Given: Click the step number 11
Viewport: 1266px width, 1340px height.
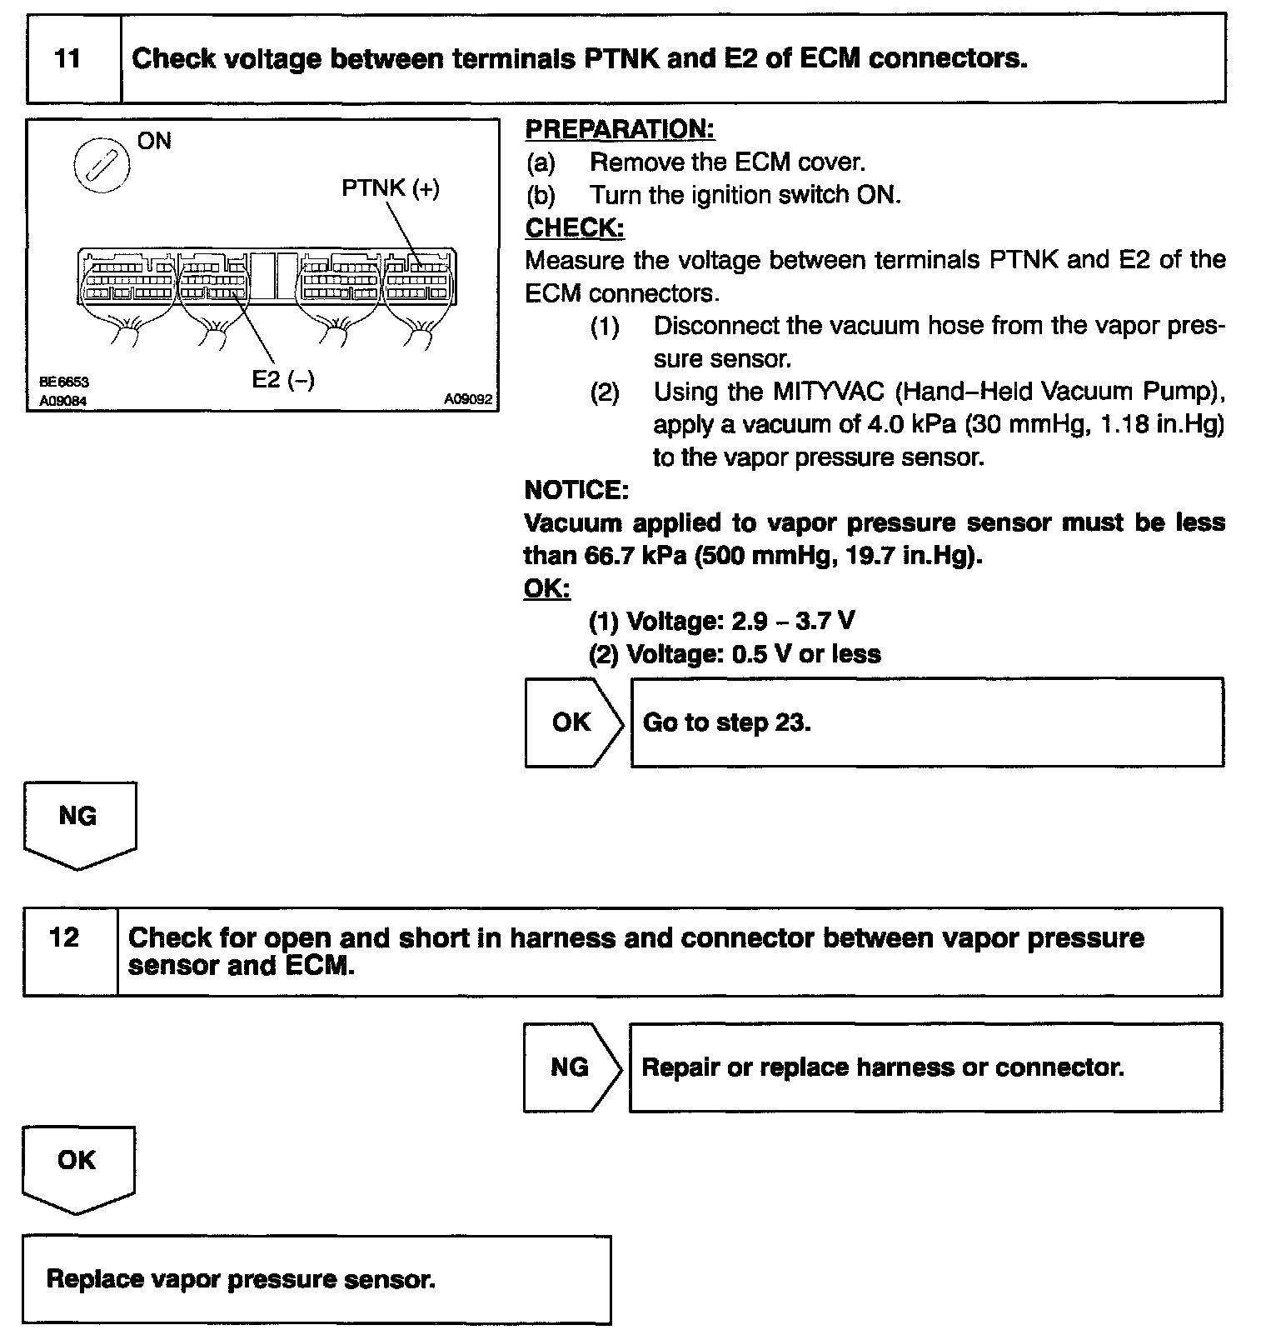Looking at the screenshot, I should coord(67,59).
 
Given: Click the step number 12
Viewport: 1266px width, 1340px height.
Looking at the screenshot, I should coord(65,937).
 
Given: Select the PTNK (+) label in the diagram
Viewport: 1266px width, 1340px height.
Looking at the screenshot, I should coord(391,188).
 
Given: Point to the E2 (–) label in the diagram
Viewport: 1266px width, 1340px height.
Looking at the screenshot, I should coord(283,380).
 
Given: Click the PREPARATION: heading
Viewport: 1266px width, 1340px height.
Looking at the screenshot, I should coord(620,129).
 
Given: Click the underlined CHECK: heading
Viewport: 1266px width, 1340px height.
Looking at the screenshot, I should coord(575,227).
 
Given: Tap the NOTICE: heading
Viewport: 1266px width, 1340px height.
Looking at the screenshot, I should coord(576,490).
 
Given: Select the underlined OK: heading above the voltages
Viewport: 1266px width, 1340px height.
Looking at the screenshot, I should coord(547,588).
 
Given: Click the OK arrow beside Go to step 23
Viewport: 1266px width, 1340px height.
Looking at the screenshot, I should coord(571,722).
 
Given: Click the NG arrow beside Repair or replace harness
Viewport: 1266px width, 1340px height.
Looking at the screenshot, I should coord(570,1067).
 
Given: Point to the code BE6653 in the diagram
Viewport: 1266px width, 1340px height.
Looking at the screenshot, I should coord(64,382).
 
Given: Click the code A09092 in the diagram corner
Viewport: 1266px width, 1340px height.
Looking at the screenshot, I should coord(468,400).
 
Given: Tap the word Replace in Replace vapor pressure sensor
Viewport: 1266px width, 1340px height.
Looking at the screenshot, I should coord(94,1279).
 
